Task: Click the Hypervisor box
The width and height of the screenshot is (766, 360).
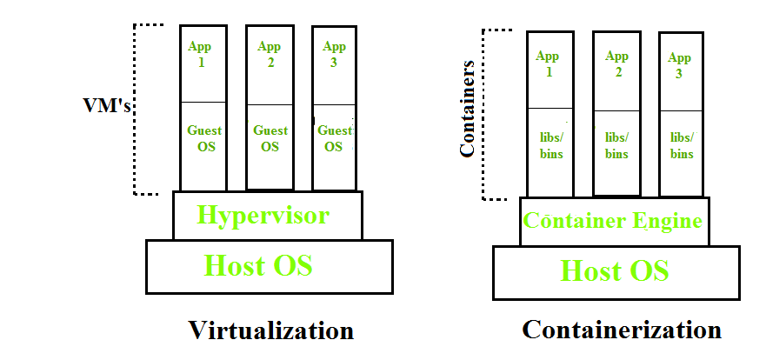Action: coord(267,215)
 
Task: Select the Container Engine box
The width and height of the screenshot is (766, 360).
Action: coord(613,221)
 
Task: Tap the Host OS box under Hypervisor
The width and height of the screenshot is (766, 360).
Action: coord(268,265)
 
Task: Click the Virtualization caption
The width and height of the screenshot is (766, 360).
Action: coord(271,330)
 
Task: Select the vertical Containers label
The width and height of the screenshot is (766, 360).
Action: coord(468,109)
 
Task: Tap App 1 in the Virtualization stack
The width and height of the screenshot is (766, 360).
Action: coord(203,54)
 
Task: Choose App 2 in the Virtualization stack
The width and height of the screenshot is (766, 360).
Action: coord(270,54)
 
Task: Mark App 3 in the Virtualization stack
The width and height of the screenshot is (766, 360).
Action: coord(334,54)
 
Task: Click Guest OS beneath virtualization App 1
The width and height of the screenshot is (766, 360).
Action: coord(204,139)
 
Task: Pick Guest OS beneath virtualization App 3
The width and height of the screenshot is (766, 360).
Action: coord(334,139)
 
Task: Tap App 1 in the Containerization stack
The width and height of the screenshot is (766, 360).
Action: coord(549,63)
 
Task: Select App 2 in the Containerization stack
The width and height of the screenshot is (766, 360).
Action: coord(618,63)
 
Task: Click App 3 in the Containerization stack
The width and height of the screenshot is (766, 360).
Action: coord(681,65)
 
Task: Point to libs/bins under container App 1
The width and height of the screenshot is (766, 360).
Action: coord(550,146)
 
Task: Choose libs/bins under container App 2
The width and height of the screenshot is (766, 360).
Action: coord(617,146)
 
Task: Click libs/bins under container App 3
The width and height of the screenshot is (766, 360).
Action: coord(682,146)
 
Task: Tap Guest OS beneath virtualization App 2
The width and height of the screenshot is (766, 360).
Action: coord(270,139)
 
